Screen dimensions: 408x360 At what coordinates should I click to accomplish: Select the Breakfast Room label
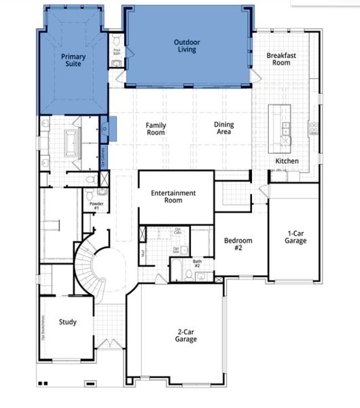tap(278, 59)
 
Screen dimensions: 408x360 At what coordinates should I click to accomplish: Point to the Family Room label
tap(156, 129)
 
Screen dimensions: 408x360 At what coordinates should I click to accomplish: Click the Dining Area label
tap(224, 129)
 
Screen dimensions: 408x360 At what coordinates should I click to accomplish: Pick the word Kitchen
tap(286, 161)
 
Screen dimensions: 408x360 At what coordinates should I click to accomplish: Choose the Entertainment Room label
tap(173, 197)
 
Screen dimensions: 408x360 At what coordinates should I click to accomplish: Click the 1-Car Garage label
tap(295, 237)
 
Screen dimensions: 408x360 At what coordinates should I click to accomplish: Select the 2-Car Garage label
tap(182, 334)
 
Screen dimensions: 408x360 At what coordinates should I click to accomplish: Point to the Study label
tap(67, 322)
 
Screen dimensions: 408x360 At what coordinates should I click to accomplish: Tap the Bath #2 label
tap(197, 262)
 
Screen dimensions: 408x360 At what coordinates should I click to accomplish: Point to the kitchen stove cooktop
tap(313, 127)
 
